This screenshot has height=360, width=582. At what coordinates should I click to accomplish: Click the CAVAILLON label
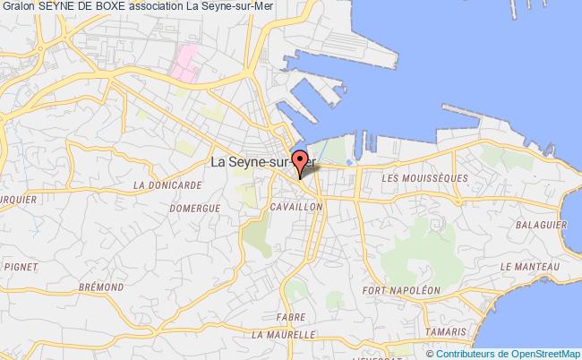click(x=295, y=206)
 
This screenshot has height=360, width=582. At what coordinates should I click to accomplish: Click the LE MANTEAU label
click(x=530, y=267)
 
